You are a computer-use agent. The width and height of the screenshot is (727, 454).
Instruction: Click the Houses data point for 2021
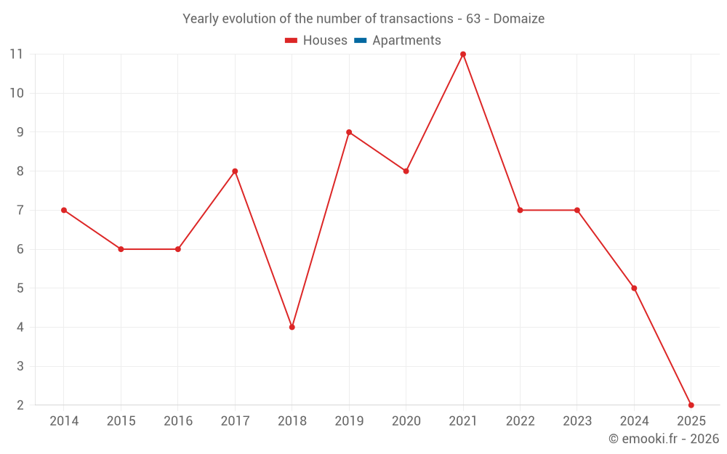[463, 54]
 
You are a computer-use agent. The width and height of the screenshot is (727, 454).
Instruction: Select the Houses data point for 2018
[292, 327]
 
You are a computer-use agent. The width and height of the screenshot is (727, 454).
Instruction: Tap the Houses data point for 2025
[691, 405]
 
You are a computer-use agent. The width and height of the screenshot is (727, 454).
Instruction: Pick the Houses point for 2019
[349, 132]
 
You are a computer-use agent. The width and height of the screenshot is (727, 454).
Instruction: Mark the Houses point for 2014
[64, 210]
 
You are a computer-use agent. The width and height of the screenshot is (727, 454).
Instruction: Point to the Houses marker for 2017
[235, 171]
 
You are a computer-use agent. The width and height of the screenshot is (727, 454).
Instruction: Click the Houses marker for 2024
[634, 288]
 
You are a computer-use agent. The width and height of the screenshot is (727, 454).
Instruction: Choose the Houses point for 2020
[406, 171]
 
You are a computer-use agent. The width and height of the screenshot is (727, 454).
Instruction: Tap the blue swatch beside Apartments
[359, 41]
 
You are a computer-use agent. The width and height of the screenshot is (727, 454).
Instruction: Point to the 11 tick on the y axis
[17, 54]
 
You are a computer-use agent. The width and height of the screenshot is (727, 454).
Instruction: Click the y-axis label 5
[20, 288]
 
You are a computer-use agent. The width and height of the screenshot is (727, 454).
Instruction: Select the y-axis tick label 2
[20, 405]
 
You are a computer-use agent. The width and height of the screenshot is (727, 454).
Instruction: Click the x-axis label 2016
[178, 421]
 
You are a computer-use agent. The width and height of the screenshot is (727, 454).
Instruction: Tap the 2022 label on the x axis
[520, 421]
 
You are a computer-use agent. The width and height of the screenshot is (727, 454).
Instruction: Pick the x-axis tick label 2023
[577, 421]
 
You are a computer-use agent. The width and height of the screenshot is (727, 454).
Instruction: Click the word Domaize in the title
[518, 19]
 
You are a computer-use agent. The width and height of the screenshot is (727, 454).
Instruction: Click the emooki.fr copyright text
[664, 439]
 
